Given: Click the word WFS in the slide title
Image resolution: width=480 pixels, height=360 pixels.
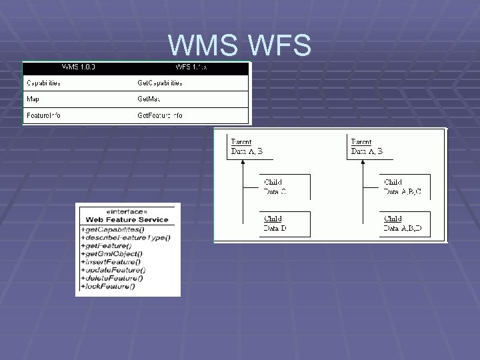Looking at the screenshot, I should point(279,45).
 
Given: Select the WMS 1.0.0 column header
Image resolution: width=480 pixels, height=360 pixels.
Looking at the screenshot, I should point(78,67).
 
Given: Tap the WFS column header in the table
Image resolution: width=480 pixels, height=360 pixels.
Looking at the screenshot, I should point(191,67).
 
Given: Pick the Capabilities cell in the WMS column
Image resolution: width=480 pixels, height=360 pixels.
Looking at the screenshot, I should point(43,83).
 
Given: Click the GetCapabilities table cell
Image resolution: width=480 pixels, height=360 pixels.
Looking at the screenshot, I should point(160,83).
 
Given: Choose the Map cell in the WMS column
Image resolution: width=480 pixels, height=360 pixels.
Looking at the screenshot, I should point(33,99).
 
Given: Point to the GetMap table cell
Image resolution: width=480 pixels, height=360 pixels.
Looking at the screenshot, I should point(150,99).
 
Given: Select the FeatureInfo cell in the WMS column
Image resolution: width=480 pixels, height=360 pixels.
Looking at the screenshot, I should point(43,115).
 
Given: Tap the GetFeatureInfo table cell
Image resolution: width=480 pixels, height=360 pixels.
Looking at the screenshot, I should point(160,115).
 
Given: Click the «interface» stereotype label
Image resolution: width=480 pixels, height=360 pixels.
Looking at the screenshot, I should point(127,211).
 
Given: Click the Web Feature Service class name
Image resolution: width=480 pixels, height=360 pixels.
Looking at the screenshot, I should point(127,219).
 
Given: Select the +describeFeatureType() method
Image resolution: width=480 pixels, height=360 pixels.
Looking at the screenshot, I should point(125,237).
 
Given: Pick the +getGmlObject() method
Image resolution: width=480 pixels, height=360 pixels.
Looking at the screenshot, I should point(112,254).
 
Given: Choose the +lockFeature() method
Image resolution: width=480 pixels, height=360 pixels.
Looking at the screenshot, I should point(108,287).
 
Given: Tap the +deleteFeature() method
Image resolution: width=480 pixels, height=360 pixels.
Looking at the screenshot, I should point(111,279).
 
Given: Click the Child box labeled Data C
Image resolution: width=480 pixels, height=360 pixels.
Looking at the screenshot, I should point(285,187).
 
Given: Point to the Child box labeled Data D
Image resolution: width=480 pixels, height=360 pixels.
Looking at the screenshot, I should point(285,223).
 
